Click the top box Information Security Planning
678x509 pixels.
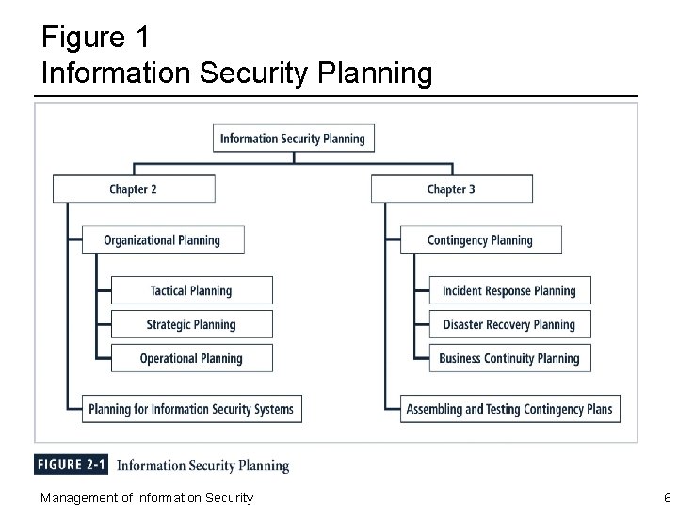pos(294,139)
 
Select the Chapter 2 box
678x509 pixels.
pos(134,189)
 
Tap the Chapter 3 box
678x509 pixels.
pos(452,189)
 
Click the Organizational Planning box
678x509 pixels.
pos(163,239)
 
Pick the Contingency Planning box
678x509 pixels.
pos(480,239)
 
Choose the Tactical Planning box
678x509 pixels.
pos(192,290)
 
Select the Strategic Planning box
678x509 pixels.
pos(192,324)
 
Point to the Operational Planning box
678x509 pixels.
pos(192,358)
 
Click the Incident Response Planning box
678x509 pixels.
pos(509,290)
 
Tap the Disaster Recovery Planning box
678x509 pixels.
pos(509,324)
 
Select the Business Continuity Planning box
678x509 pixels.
pos(509,358)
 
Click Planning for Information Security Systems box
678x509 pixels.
pos(192,409)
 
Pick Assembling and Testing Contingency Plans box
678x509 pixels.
pos(509,409)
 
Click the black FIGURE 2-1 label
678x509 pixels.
pos(72,465)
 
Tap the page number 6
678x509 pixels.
pos(667,498)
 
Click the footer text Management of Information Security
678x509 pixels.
pos(146,498)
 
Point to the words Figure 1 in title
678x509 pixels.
pos(94,38)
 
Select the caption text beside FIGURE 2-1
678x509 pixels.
pos(202,466)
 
